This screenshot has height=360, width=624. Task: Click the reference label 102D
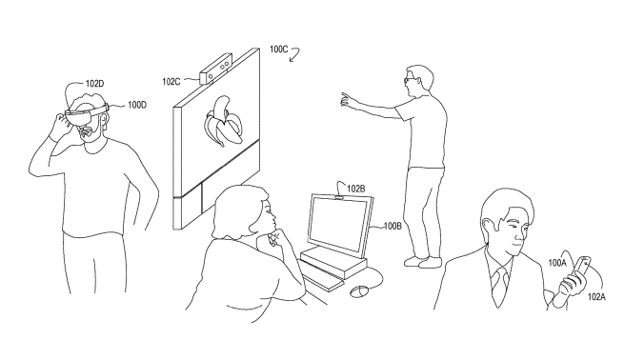pyautogui.click(x=94, y=84)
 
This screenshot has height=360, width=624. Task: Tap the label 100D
pyautogui.click(x=137, y=105)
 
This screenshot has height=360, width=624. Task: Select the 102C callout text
pyautogui.click(x=171, y=82)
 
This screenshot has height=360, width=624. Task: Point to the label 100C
pyautogui.click(x=278, y=50)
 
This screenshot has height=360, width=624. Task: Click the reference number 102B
pyautogui.click(x=356, y=189)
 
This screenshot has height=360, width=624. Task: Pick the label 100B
pyautogui.click(x=393, y=227)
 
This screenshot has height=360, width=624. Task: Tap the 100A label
pyautogui.click(x=557, y=263)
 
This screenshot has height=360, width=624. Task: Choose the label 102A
pyautogui.click(x=597, y=297)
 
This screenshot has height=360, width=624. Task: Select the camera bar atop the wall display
pyautogui.click(x=216, y=69)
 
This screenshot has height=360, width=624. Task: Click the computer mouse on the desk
pyautogui.click(x=360, y=291)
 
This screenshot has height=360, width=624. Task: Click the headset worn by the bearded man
pyautogui.click(x=87, y=111)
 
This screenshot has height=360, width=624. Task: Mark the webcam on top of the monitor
pyautogui.click(x=339, y=197)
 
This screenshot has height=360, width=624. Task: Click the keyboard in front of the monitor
pyautogui.click(x=322, y=275)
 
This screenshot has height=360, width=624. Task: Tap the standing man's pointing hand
pyautogui.click(x=347, y=99)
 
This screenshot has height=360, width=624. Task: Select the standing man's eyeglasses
pyautogui.click(x=409, y=80)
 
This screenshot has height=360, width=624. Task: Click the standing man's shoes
pyautogui.click(x=423, y=262)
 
